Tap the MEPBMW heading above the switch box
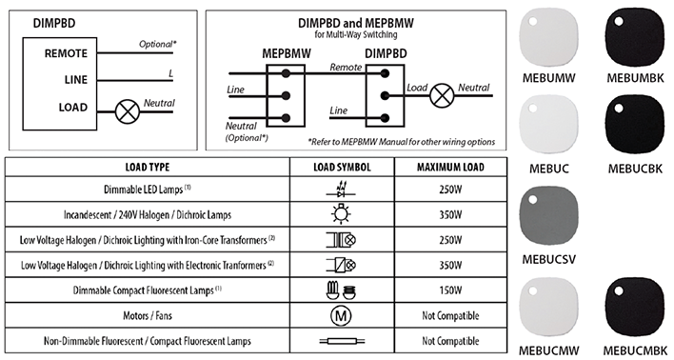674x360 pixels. [x=284, y=54]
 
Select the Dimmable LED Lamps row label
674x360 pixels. [x=148, y=190]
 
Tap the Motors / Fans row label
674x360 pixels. [x=148, y=315]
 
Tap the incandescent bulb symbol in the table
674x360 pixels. [x=340, y=214]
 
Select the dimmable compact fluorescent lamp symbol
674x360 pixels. [x=340, y=290]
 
